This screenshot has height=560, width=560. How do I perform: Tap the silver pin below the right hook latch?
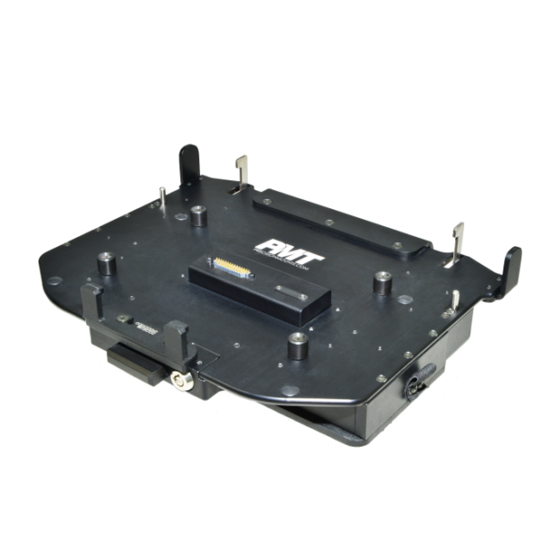[455, 301]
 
